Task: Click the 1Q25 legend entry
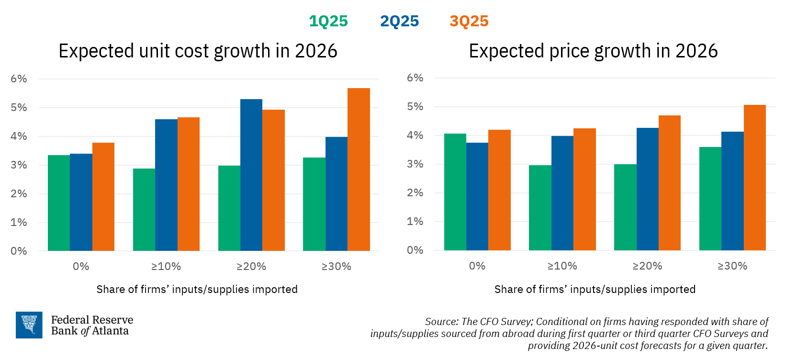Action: (328, 22)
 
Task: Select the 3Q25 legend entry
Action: (469, 22)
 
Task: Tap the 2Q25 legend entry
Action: (399, 22)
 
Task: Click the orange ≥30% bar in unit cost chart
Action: (359, 169)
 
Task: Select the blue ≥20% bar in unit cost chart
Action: (251, 175)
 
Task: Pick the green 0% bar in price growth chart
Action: (455, 192)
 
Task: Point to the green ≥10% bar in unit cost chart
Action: (144, 210)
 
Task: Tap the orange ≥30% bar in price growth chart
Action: (754, 178)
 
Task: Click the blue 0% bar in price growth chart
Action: (477, 196)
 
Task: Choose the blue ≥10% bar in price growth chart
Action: (562, 193)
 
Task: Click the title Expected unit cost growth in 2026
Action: (198, 51)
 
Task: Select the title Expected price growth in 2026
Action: (593, 51)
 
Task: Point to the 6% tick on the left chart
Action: (19, 79)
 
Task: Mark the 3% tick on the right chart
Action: (415, 164)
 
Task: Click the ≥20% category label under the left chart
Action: (251, 267)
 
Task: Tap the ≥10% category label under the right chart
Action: (562, 266)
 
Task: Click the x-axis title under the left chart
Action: (197, 290)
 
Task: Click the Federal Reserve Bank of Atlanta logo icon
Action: (29, 325)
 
